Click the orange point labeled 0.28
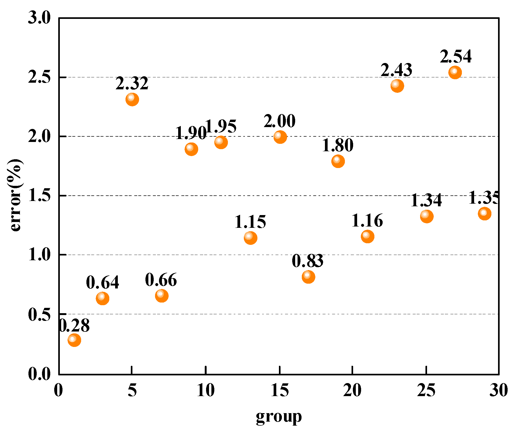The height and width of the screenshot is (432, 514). point(74,340)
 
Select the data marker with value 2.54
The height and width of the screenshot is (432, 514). point(455,72)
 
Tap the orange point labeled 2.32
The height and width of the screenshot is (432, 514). point(132,99)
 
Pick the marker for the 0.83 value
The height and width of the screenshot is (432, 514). point(308,277)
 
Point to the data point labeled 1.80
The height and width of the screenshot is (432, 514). point(338,161)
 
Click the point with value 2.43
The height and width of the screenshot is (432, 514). point(397,86)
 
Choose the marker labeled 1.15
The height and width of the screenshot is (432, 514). point(250,238)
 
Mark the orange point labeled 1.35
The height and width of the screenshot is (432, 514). point(484,213)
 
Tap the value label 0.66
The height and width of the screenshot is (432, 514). point(161,280)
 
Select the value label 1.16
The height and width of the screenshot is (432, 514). point(367,221)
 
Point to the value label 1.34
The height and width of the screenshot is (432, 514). point(426,200)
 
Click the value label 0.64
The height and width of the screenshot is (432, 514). point(102,282)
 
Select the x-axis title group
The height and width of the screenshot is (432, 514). point(279,417)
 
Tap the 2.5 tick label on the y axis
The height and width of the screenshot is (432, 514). point(39,77)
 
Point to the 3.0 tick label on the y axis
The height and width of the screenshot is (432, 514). point(39,18)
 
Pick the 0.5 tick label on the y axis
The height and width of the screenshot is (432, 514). point(39,314)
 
